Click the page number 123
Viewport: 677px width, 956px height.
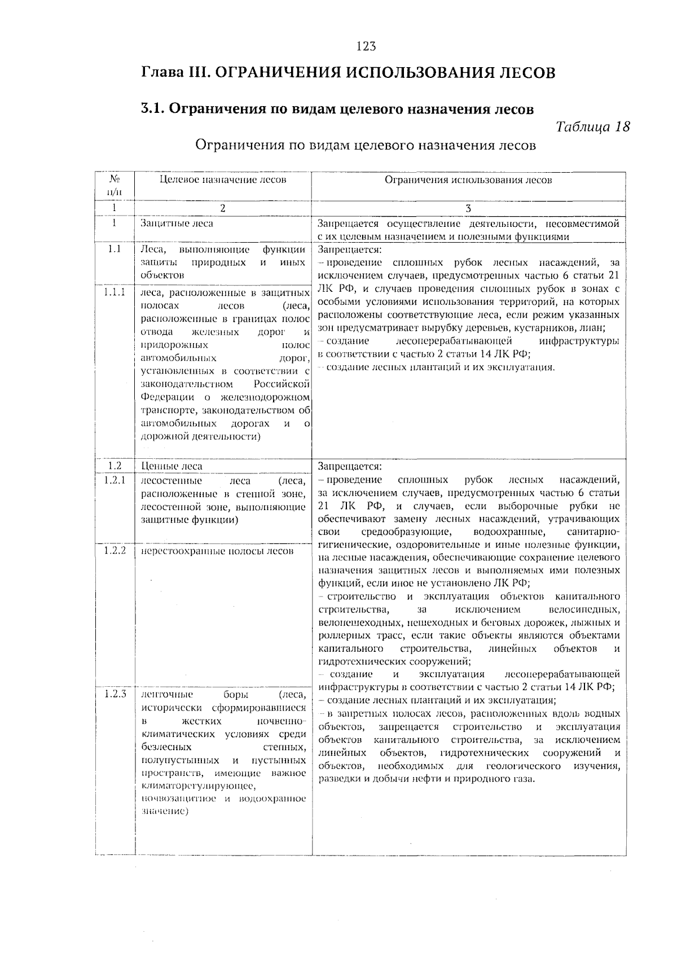[366, 46]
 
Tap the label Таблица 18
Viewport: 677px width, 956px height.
[592, 126]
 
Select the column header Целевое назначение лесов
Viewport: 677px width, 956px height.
[223, 180]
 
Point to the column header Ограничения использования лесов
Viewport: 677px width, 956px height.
[468, 180]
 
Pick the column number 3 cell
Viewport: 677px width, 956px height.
[468, 208]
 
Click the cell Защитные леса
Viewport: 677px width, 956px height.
[177, 223]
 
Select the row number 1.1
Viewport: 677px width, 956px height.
[115, 249]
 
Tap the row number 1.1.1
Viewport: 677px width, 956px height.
[115, 292]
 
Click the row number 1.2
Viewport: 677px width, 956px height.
[115, 466]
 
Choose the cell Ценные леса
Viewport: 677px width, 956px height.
[172, 466]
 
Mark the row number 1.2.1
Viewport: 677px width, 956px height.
[115, 480]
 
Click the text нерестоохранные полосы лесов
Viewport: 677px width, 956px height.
[217, 551]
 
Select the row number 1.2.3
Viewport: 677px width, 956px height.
[115, 694]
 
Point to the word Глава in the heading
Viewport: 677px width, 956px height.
[161, 73]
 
